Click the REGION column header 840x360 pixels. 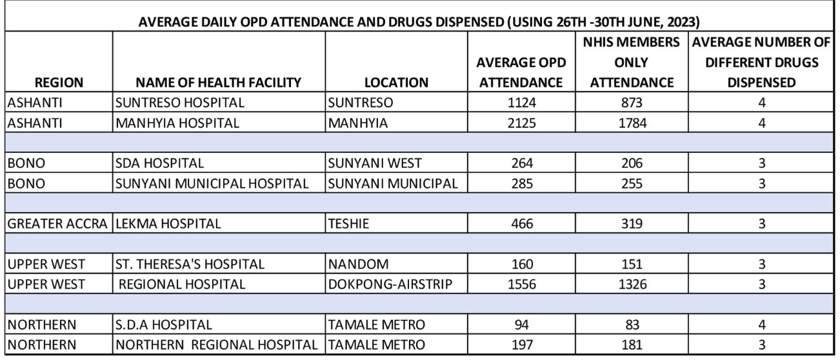point(58,82)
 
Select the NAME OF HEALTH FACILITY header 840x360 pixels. point(218,82)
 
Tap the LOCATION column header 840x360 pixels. point(395,82)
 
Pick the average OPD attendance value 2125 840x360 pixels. point(519,123)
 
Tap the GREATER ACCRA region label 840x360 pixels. point(57,224)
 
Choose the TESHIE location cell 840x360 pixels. point(346,224)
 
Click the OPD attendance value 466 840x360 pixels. point(519,224)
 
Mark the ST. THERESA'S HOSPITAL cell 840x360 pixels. point(190,265)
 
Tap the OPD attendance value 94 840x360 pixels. point(519,325)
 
